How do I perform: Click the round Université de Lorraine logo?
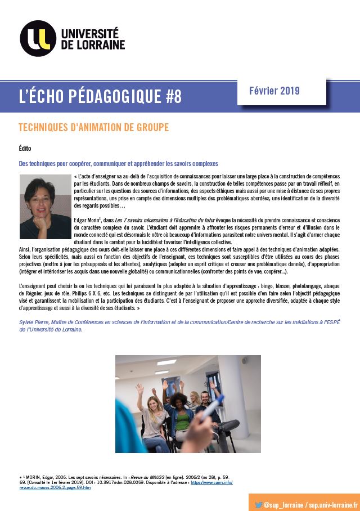click(x=38, y=38)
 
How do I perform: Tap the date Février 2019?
click(x=274, y=91)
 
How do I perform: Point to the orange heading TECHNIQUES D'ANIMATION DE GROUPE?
click(x=93, y=128)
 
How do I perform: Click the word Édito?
click(x=25, y=148)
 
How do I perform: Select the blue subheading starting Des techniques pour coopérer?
click(x=118, y=164)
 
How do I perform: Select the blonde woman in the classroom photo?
click(x=153, y=414)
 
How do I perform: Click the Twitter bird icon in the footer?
click(x=259, y=505)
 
